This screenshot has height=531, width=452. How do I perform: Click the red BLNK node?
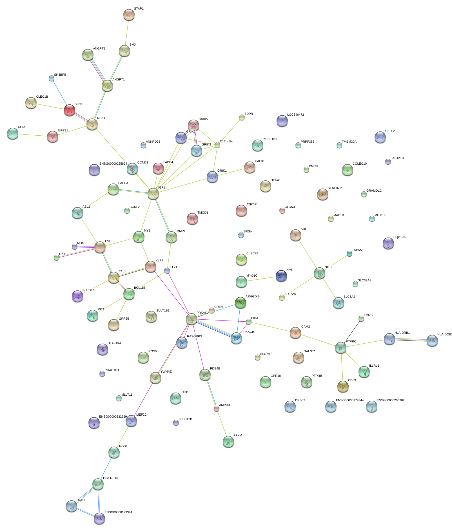click(x=70, y=110)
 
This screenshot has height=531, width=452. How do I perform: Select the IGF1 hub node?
click(x=153, y=194)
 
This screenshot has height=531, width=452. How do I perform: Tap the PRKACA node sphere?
click(x=192, y=319)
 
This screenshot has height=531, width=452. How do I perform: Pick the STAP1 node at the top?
click(x=129, y=15)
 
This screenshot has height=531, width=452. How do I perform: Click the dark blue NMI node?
click(x=281, y=276)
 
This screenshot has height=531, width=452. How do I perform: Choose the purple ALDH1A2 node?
click(x=77, y=296)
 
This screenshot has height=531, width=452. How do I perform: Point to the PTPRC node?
click(x=341, y=348)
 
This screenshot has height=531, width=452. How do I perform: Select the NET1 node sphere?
click(x=320, y=273)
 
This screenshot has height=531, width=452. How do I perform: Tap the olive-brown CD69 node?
click(x=343, y=386)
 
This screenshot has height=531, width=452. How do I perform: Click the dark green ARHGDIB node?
click(x=241, y=303)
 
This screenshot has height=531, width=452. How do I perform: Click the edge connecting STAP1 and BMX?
click(x=127, y=33)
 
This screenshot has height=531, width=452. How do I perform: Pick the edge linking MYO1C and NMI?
click(x=261, y=279)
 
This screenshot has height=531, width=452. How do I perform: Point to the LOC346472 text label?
click(x=295, y=115)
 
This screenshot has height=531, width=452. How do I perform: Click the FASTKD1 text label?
click(x=397, y=158)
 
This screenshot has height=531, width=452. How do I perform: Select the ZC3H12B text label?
click(x=185, y=419)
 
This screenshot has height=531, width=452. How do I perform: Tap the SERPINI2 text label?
click(x=335, y=188)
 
